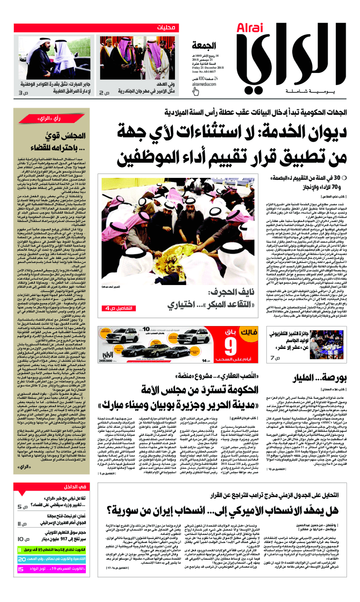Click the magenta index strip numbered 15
(x=51, y=569)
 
